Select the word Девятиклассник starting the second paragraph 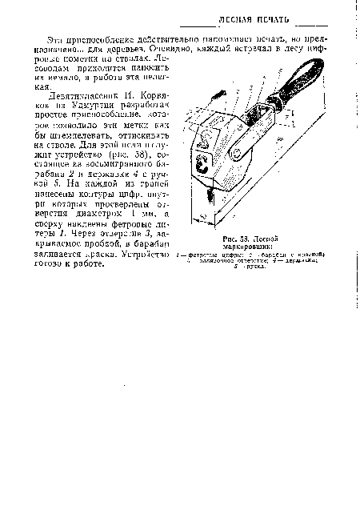(84, 94)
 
